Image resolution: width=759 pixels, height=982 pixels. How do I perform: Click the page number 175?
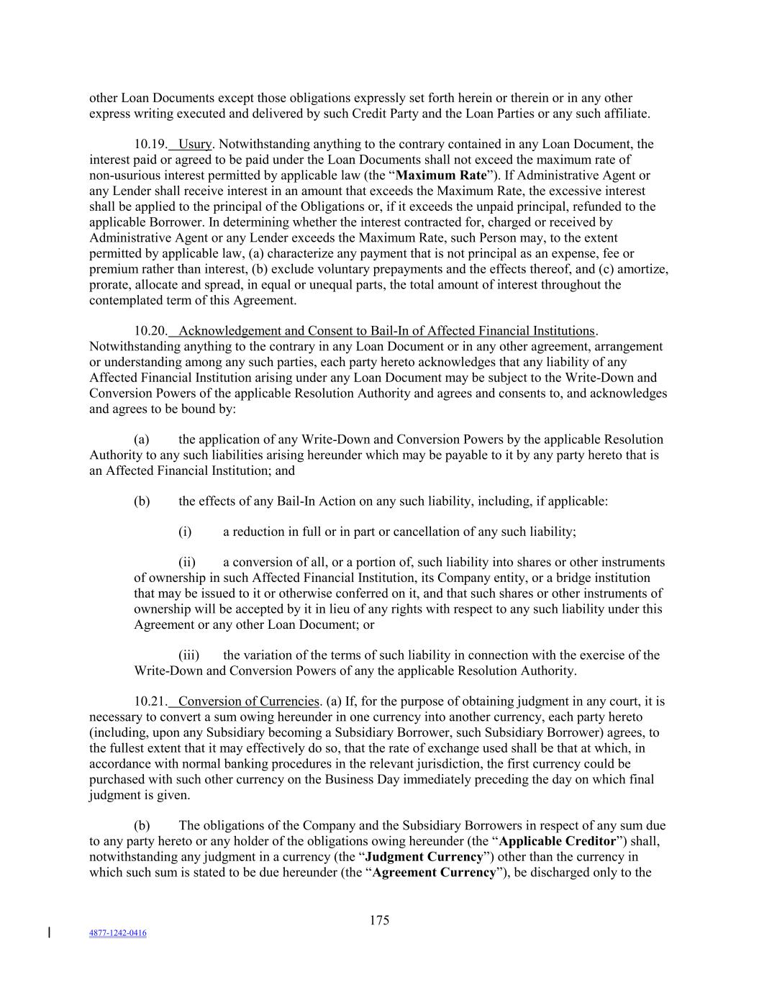379,920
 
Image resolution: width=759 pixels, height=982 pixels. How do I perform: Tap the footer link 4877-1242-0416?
118,933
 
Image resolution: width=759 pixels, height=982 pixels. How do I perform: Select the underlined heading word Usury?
195,145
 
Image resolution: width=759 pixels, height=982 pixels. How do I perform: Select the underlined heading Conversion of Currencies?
248,701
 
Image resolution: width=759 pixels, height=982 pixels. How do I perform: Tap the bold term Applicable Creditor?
557,842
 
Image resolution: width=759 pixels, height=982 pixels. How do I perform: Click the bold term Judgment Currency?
424,857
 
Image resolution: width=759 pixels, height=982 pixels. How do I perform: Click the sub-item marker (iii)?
188,655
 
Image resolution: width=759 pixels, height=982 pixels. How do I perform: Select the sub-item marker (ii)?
187,563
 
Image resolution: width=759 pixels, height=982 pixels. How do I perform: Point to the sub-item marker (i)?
185,532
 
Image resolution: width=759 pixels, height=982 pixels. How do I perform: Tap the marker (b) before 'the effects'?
142,501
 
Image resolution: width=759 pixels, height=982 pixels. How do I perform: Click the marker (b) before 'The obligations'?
142,826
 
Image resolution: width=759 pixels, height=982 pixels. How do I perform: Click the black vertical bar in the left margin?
49,933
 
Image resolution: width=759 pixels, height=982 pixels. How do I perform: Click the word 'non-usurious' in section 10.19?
123,176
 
